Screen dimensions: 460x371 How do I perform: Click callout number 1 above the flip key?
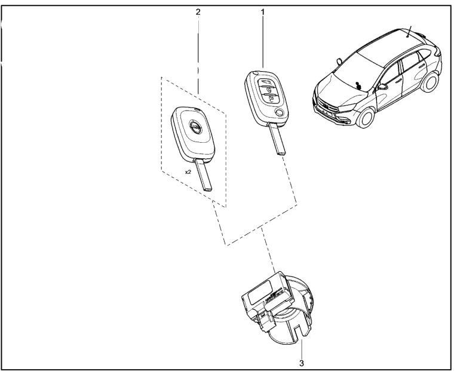point(263,13)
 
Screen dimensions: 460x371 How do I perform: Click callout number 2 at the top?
point(198,12)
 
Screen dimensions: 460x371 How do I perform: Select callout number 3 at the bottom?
point(302,363)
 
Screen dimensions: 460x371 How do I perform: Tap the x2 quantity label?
point(188,172)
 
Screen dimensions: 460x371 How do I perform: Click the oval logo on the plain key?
point(193,127)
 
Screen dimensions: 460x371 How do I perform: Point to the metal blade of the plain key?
point(204,175)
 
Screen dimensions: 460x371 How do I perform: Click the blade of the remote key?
point(277,139)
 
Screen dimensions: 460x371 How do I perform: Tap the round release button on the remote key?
point(280,112)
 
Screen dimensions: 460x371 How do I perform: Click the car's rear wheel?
point(431,81)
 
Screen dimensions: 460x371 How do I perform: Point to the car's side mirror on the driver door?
point(382,87)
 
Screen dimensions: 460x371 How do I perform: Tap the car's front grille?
point(325,105)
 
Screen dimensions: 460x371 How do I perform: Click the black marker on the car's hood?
point(358,85)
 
